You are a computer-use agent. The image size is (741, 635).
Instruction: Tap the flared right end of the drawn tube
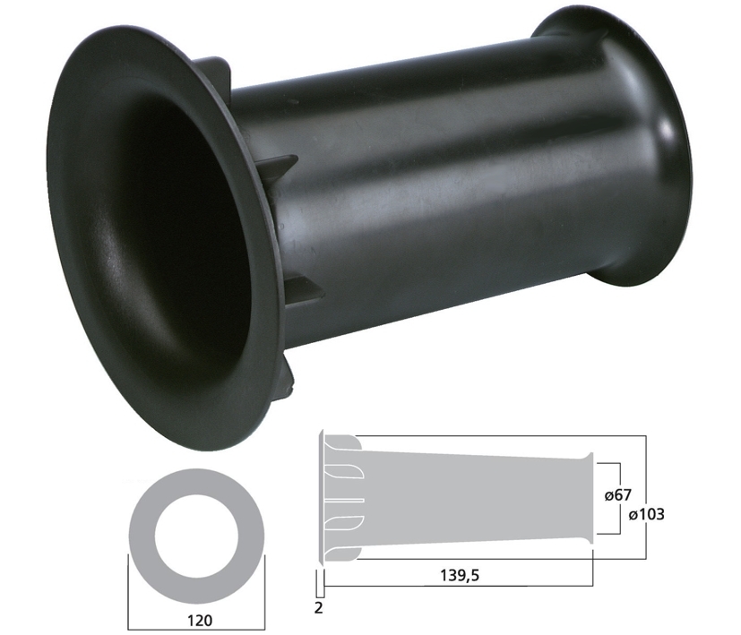click(588, 498)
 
